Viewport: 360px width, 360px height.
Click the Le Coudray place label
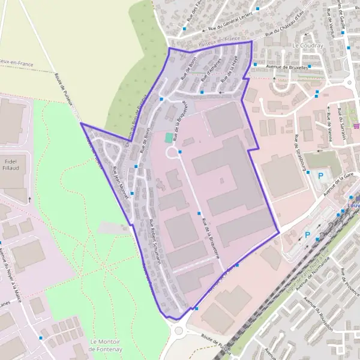tap(307, 46)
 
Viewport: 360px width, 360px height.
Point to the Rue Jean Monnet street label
tap(121, 176)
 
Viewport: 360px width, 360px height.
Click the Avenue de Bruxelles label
tap(287, 67)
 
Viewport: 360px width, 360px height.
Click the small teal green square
tap(169, 137)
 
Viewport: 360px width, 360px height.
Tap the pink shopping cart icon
tap(356, 126)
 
